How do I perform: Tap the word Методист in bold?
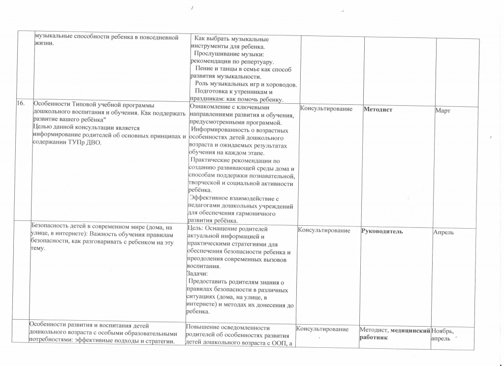click(x=378, y=109)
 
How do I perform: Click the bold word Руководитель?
click(x=382, y=231)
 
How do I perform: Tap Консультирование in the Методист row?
click(x=326, y=109)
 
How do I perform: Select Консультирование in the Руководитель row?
click(x=324, y=230)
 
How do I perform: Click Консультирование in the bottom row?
click(x=323, y=329)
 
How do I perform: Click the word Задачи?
click(x=198, y=274)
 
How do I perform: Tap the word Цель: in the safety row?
click(x=196, y=228)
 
